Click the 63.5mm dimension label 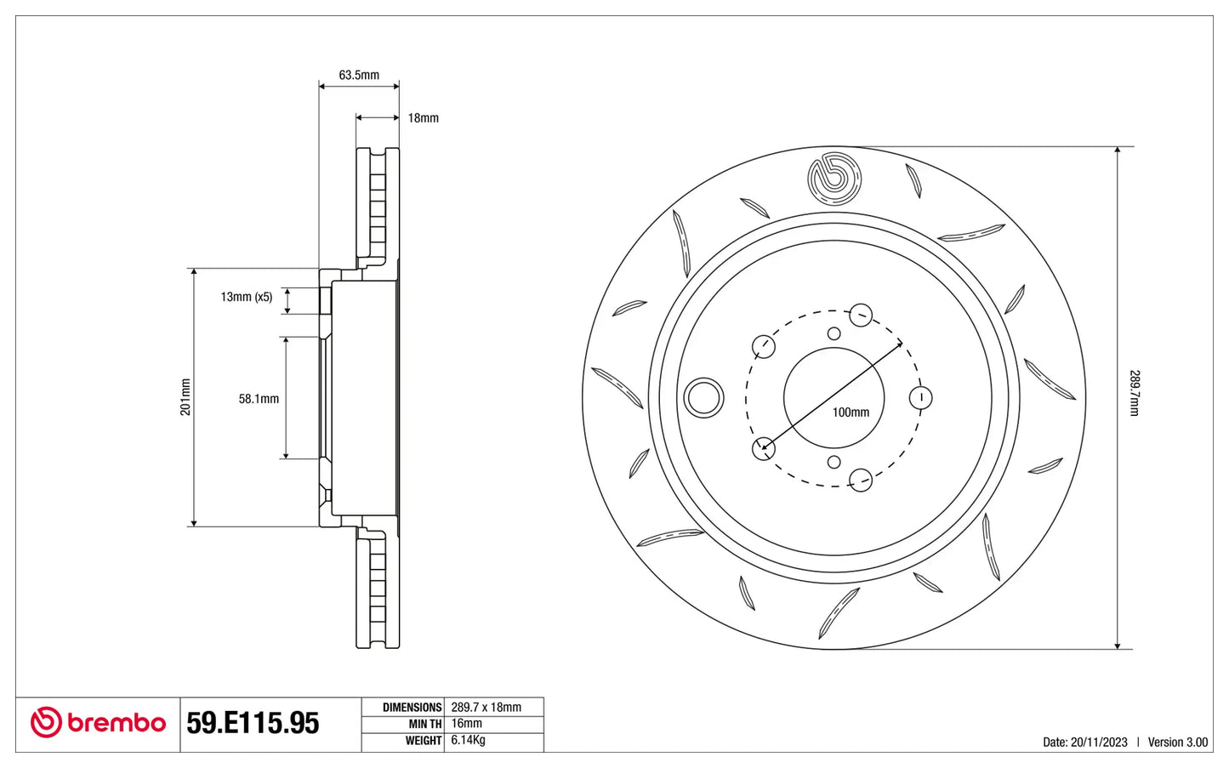tap(359, 75)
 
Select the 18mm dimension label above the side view tap(423, 118)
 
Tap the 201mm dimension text tap(185, 396)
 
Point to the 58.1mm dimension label tap(259, 399)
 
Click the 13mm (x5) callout tap(247, 297)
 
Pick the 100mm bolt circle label tap(851, 412)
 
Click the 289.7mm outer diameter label tap(1134, 393)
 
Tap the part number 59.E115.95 tap(253, 723)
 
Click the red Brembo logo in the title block tap(98, 722)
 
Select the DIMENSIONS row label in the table tap(412, 708)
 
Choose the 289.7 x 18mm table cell tap(486, 707)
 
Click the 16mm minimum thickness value tap(466, 724)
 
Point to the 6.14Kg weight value tap(468, 740)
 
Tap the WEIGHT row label tap(424, 741)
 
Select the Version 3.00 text tap(1178, 742)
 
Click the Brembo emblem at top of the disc tap(834, 179)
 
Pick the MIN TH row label tap(425, 724)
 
